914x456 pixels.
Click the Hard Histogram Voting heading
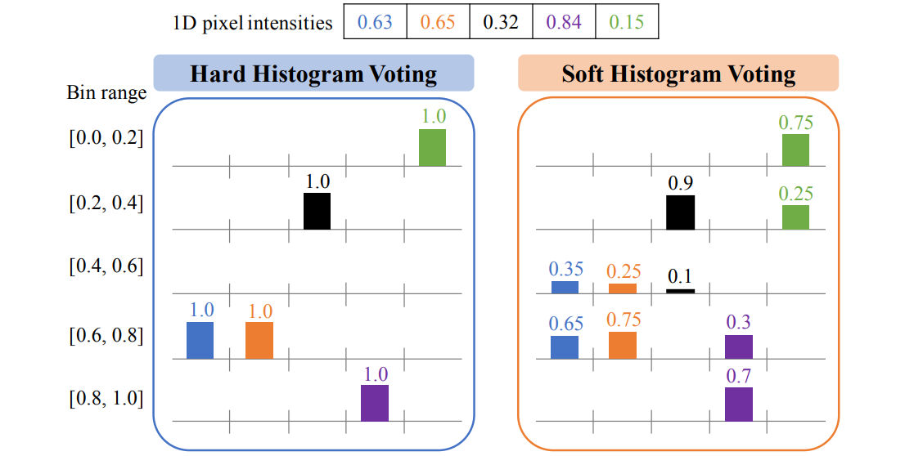click(313, 74)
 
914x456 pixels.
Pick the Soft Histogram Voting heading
click(678, 74)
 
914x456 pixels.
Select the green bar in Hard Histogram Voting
click(432, 147)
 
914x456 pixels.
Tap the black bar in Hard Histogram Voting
click(317, 211)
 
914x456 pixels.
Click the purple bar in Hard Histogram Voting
click(375, 403)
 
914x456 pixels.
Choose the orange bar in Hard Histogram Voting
click(259, 340)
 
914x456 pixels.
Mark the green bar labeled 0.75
click(795, 150)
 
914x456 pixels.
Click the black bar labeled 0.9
click(680, 212)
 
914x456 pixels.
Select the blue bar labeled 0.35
click(565, 287)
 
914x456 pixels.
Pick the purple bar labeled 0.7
click(738, 404)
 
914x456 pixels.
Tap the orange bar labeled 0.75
click(623, 345)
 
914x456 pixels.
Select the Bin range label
click(106, 92)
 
